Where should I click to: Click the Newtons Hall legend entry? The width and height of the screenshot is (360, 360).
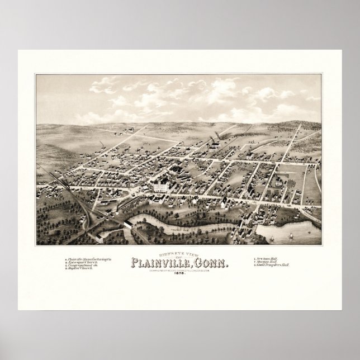266,259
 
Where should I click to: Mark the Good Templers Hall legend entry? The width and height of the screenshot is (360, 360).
271,267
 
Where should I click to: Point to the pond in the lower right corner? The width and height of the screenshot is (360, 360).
296,232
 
